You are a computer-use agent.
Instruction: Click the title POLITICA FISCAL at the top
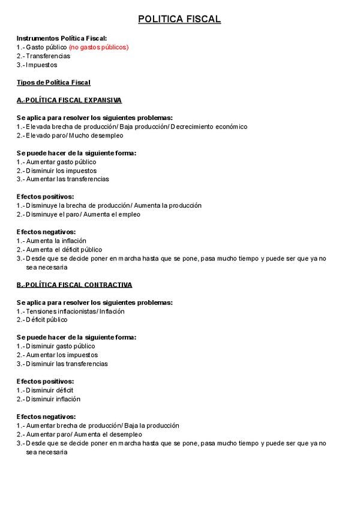pyautogui.click(x=179, y=20)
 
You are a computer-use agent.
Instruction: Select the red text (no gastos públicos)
pyautogui.click(x=98, y=47)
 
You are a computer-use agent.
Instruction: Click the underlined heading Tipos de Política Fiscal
pyautogui.click(x=53, y=82)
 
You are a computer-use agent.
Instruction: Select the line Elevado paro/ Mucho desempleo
pyautogui.click(x=74, y=136)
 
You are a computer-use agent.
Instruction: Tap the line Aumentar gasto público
pyautogui.click(x=61, y=162)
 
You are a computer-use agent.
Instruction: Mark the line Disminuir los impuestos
pyautogui.click(x=61, y=170)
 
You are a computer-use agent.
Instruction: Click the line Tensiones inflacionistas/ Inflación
pyautogui.click(x=75, y=312)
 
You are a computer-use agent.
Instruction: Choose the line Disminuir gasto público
pyautogui.click(x=60, y=346)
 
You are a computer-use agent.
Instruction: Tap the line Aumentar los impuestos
pyautogui.click(x=61, y=355)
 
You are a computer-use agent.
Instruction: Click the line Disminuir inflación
pyautogui.click(x=53, y=399)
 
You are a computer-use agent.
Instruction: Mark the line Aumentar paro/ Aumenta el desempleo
pyautogui.click(x=83, y=434)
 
